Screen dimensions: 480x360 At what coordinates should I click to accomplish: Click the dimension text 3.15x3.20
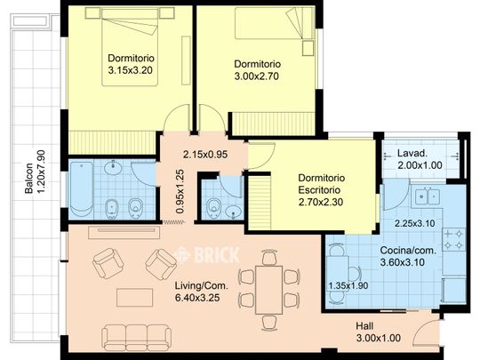coord(130,70)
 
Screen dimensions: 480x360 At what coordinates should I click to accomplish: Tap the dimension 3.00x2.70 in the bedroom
coord(257,76)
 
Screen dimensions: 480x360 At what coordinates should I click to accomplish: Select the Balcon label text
coord(28,178)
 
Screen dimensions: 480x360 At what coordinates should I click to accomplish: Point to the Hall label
coord(364,326)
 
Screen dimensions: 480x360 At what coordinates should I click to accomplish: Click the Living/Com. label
coord(202,286)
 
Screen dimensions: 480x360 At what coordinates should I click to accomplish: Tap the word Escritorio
coord(319,190)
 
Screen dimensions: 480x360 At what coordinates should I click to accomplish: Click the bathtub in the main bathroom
coord(82,187)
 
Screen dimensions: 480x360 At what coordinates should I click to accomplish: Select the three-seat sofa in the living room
coord(137,338)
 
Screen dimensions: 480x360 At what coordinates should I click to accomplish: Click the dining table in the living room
coord(269,290)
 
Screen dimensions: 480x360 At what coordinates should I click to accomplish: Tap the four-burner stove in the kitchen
coord(453,239)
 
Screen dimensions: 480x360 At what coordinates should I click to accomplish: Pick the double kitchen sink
coord(428,196)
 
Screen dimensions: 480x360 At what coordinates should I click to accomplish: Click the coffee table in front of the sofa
coord(135,298)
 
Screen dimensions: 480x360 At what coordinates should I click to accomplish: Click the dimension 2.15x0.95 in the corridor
coord(205,155)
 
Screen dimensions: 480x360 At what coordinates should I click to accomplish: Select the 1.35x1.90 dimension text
coord(348,286)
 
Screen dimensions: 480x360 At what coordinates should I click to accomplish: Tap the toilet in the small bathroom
coord(212,207)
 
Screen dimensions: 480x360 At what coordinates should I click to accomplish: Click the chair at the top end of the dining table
coord(269,257)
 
